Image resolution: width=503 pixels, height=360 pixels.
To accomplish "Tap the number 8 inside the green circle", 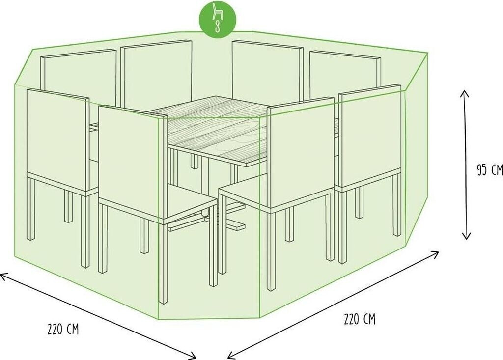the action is [x=218, y=27].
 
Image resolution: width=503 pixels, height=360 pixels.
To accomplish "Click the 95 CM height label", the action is [x=489, y=170].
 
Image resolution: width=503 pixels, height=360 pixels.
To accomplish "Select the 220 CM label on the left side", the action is [x=63, y=330].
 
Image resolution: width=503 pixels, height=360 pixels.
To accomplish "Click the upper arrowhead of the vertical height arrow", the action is [x=464, y=94].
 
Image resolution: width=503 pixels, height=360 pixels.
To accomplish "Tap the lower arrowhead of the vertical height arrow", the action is [x=467, y=236].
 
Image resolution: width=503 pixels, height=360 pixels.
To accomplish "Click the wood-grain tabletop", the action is [x=208, y=130].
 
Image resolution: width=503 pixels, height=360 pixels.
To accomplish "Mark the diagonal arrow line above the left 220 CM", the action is [x=98, y=316].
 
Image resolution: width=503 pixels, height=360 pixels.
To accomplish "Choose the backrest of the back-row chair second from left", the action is [x=157, y=74].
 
